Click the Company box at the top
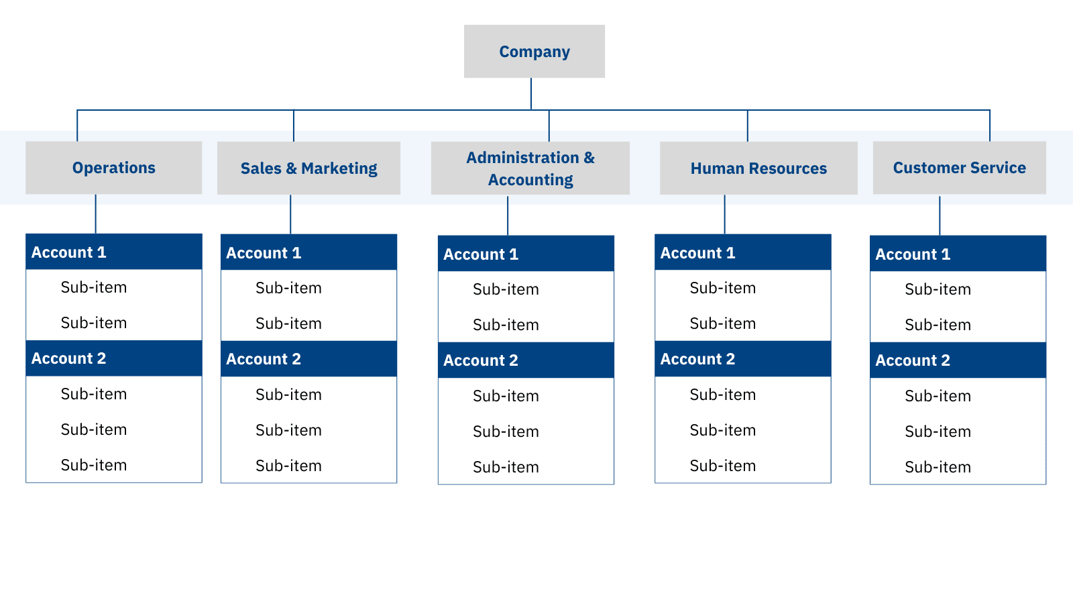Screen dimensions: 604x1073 pyautogui.click(x=534, y=52)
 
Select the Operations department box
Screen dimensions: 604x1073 pyautogui.click(x=113, y=168)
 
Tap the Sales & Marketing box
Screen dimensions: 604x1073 pyautogui.click(x=308, y=168)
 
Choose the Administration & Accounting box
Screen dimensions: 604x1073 pyautogui.click(x=530, y=168)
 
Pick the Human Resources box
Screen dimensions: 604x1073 pyautogui.click(x=758, y=168)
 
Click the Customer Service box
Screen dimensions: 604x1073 pyautogui.click(x=959, y=168)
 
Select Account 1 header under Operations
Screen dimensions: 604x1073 pyautogui.click(x=113, y=252)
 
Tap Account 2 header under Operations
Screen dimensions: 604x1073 pyautogui.click(x=113, y=358)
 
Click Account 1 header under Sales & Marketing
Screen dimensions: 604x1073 pyautogui.click(x=308, y=253)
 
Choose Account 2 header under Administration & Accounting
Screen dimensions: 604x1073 pyautogui.click(x=526, y=360)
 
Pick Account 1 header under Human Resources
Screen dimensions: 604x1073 pyautogui.click(x=742, y=253)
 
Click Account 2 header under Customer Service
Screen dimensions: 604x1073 pyautogui.click(x=958, y=360)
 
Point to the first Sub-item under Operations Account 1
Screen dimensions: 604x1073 pyautogui.click(x=94, y=287)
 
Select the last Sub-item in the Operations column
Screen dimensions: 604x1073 pyautogui.click(x=94, y=465)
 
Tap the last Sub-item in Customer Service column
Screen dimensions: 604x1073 pyautogui.click(x=938, y=467)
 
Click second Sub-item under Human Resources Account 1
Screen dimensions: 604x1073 pyautogui.click(x=722, y=323)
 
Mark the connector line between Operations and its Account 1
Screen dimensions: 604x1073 pyautogui.click(x=95, y=215)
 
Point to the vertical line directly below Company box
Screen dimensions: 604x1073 pyautogui.click(x=531, y=94)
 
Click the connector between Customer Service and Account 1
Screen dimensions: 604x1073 pyautogui.click(x=940, y=215)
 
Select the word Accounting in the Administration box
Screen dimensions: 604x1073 pyautogui.click(x=530, y=180)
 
